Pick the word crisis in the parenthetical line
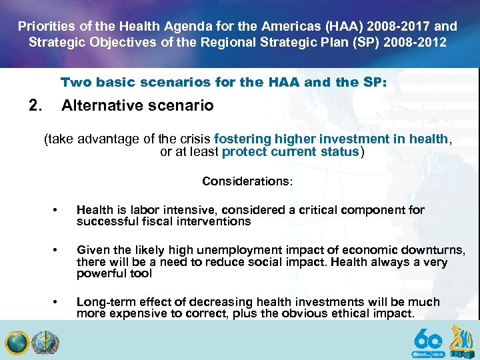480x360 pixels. [192, 139]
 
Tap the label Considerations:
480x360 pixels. [247, 181]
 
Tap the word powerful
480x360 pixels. [97, 274]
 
